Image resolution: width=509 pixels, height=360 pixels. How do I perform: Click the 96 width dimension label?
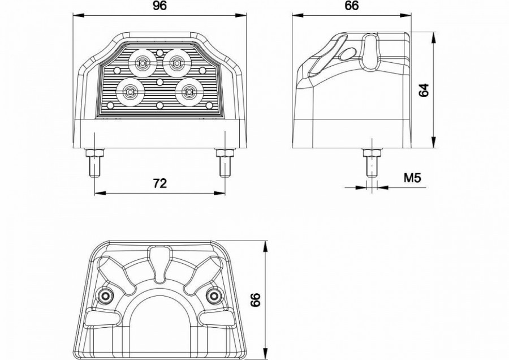point(159,6)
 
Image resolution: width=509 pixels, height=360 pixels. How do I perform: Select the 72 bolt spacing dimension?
point(159,183)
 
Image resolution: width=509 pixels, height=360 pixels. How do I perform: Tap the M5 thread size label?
point(412,178)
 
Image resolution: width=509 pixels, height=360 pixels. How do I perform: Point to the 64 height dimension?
point(424,90)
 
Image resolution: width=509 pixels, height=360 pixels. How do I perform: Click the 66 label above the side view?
point(352,6)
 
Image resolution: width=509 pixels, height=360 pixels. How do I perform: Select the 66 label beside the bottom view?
point(256,299)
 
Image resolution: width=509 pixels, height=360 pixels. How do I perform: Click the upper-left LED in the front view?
point(142,63)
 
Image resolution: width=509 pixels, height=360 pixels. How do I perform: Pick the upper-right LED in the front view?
point(176,63)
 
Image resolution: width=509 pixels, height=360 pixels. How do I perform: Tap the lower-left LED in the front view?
point(130,92)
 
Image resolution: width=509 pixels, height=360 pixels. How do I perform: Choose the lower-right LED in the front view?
point(188,92)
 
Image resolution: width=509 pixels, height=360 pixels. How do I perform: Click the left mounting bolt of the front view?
point(95,162)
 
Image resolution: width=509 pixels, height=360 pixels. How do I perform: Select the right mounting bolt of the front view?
point(225,162)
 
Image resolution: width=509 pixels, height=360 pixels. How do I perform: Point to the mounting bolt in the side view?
point(372,162)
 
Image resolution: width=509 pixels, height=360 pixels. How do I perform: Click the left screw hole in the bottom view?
point(105,295)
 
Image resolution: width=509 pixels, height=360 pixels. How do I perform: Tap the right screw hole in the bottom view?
point(213,295)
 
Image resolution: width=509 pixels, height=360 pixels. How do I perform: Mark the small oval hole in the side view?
point(348,54)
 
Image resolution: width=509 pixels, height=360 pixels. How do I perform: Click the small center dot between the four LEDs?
point(159,82)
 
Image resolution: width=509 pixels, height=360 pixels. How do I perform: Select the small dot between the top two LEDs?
point(159,53)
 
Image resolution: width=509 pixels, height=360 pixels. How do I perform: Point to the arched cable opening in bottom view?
point(159,297)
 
